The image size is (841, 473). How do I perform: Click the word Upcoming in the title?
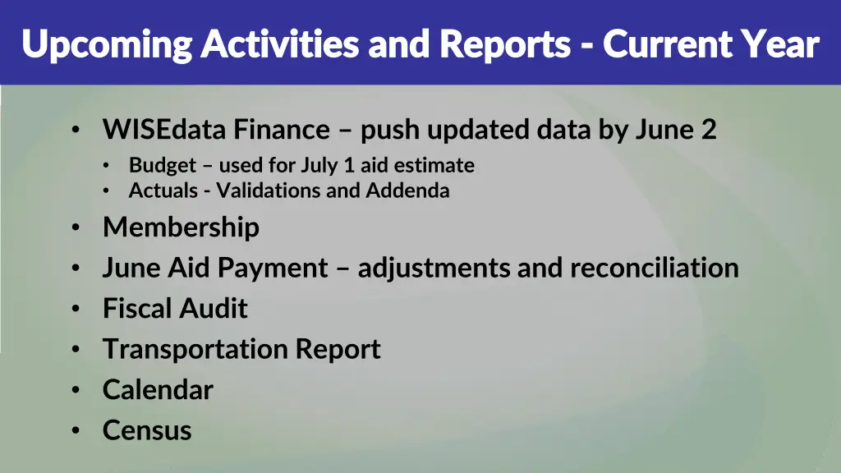click(x=106, y=44)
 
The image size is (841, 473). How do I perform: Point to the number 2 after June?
click(x=710, y=130)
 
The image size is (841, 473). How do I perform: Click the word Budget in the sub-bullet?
click(x=163, y=166)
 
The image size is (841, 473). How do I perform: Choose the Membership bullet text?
click(x=181, y=227)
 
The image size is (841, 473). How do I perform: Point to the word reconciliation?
click(x=655, y=268)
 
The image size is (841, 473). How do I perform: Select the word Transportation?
click(x=195, y=349)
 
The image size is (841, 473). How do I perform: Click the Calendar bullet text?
click(x=158, y=389)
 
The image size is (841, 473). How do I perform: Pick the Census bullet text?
click(x=147, y=430)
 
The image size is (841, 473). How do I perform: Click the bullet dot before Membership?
click(x=76, y=228)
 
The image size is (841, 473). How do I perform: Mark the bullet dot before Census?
click(x=76, y=431)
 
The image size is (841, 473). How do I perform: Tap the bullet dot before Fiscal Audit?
click(x=76, y=310)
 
